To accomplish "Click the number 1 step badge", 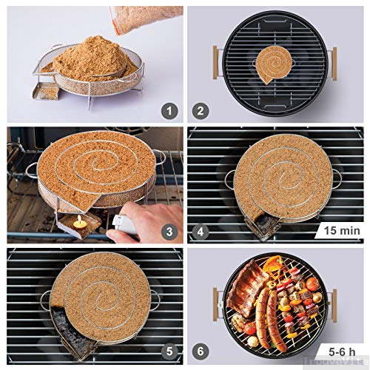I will click(x=170, y=112).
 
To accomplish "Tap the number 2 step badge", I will click(x=201, y=112).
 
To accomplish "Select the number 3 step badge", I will click(x=170, y=232).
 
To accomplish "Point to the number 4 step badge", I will click(x=201, y=232).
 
